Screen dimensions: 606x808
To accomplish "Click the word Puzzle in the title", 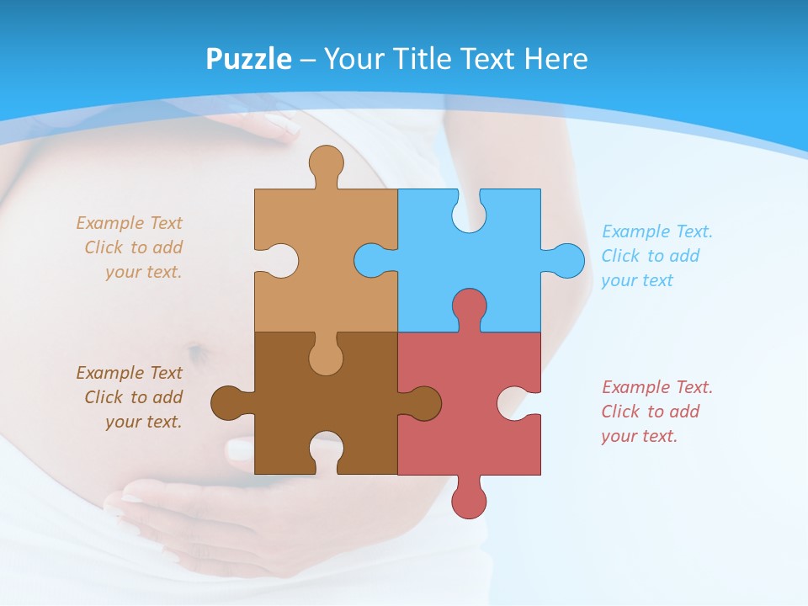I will (249, 59).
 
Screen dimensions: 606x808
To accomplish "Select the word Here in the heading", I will (555, 59).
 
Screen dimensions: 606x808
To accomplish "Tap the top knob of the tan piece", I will (326, 162).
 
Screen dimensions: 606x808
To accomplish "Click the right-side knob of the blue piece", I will (568, 260).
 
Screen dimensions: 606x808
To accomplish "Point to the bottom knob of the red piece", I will (469, 502).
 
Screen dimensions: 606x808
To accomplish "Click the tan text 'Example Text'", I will (129, 223).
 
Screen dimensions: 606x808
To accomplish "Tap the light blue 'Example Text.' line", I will (657, 231).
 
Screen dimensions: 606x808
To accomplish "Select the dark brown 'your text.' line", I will (144, 422).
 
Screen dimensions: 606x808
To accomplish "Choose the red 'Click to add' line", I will (650, 412).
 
